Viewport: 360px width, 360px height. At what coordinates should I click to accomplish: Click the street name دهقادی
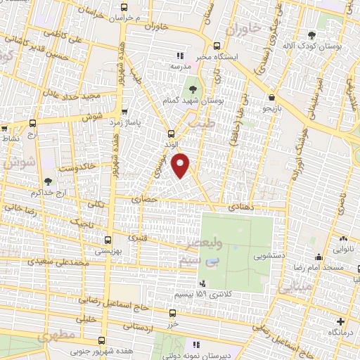[x=243, y=207]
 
